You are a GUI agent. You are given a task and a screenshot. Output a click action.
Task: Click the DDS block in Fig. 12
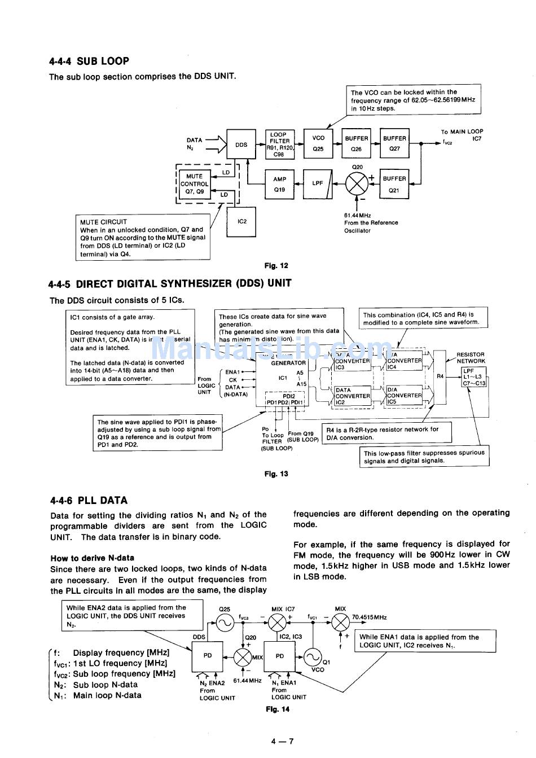(x=241, y=145)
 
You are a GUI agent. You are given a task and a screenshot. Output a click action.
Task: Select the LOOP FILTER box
(x=280, y=144)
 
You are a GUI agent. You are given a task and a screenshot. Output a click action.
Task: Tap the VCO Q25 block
(x=318, y=143)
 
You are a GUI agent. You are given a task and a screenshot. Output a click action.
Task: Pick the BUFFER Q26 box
(x=356, y=143)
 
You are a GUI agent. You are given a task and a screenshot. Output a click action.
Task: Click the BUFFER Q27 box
(x=394, y=143)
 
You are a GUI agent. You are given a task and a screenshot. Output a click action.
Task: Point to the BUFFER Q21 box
(x=394, y=184)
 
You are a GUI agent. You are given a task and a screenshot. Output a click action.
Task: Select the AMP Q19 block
(x=280, y=185)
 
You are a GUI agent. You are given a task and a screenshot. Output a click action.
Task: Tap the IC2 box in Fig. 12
(x=242, y=221)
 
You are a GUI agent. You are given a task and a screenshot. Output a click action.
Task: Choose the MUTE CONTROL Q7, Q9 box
(x=195, y=184)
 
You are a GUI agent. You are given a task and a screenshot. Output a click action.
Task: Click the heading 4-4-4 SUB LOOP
(x=89, y=61)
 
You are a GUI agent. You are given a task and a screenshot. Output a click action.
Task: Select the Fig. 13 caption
(x=276, y=474)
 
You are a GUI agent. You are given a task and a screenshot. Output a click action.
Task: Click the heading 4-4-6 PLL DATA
(x=89, y=500)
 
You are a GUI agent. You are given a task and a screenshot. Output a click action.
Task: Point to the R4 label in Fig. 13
(x=440, y=376)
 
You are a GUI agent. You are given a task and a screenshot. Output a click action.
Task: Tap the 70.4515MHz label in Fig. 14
(x=370, y=617)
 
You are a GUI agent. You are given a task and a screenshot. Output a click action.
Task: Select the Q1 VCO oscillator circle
(x=312, y=656)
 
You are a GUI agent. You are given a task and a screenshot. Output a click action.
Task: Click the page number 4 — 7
(x=283, y=742)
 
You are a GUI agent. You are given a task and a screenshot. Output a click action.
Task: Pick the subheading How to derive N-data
(x=92, y=558)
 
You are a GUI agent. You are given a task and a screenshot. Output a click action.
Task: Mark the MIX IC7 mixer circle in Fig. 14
(x=277, y=623)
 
